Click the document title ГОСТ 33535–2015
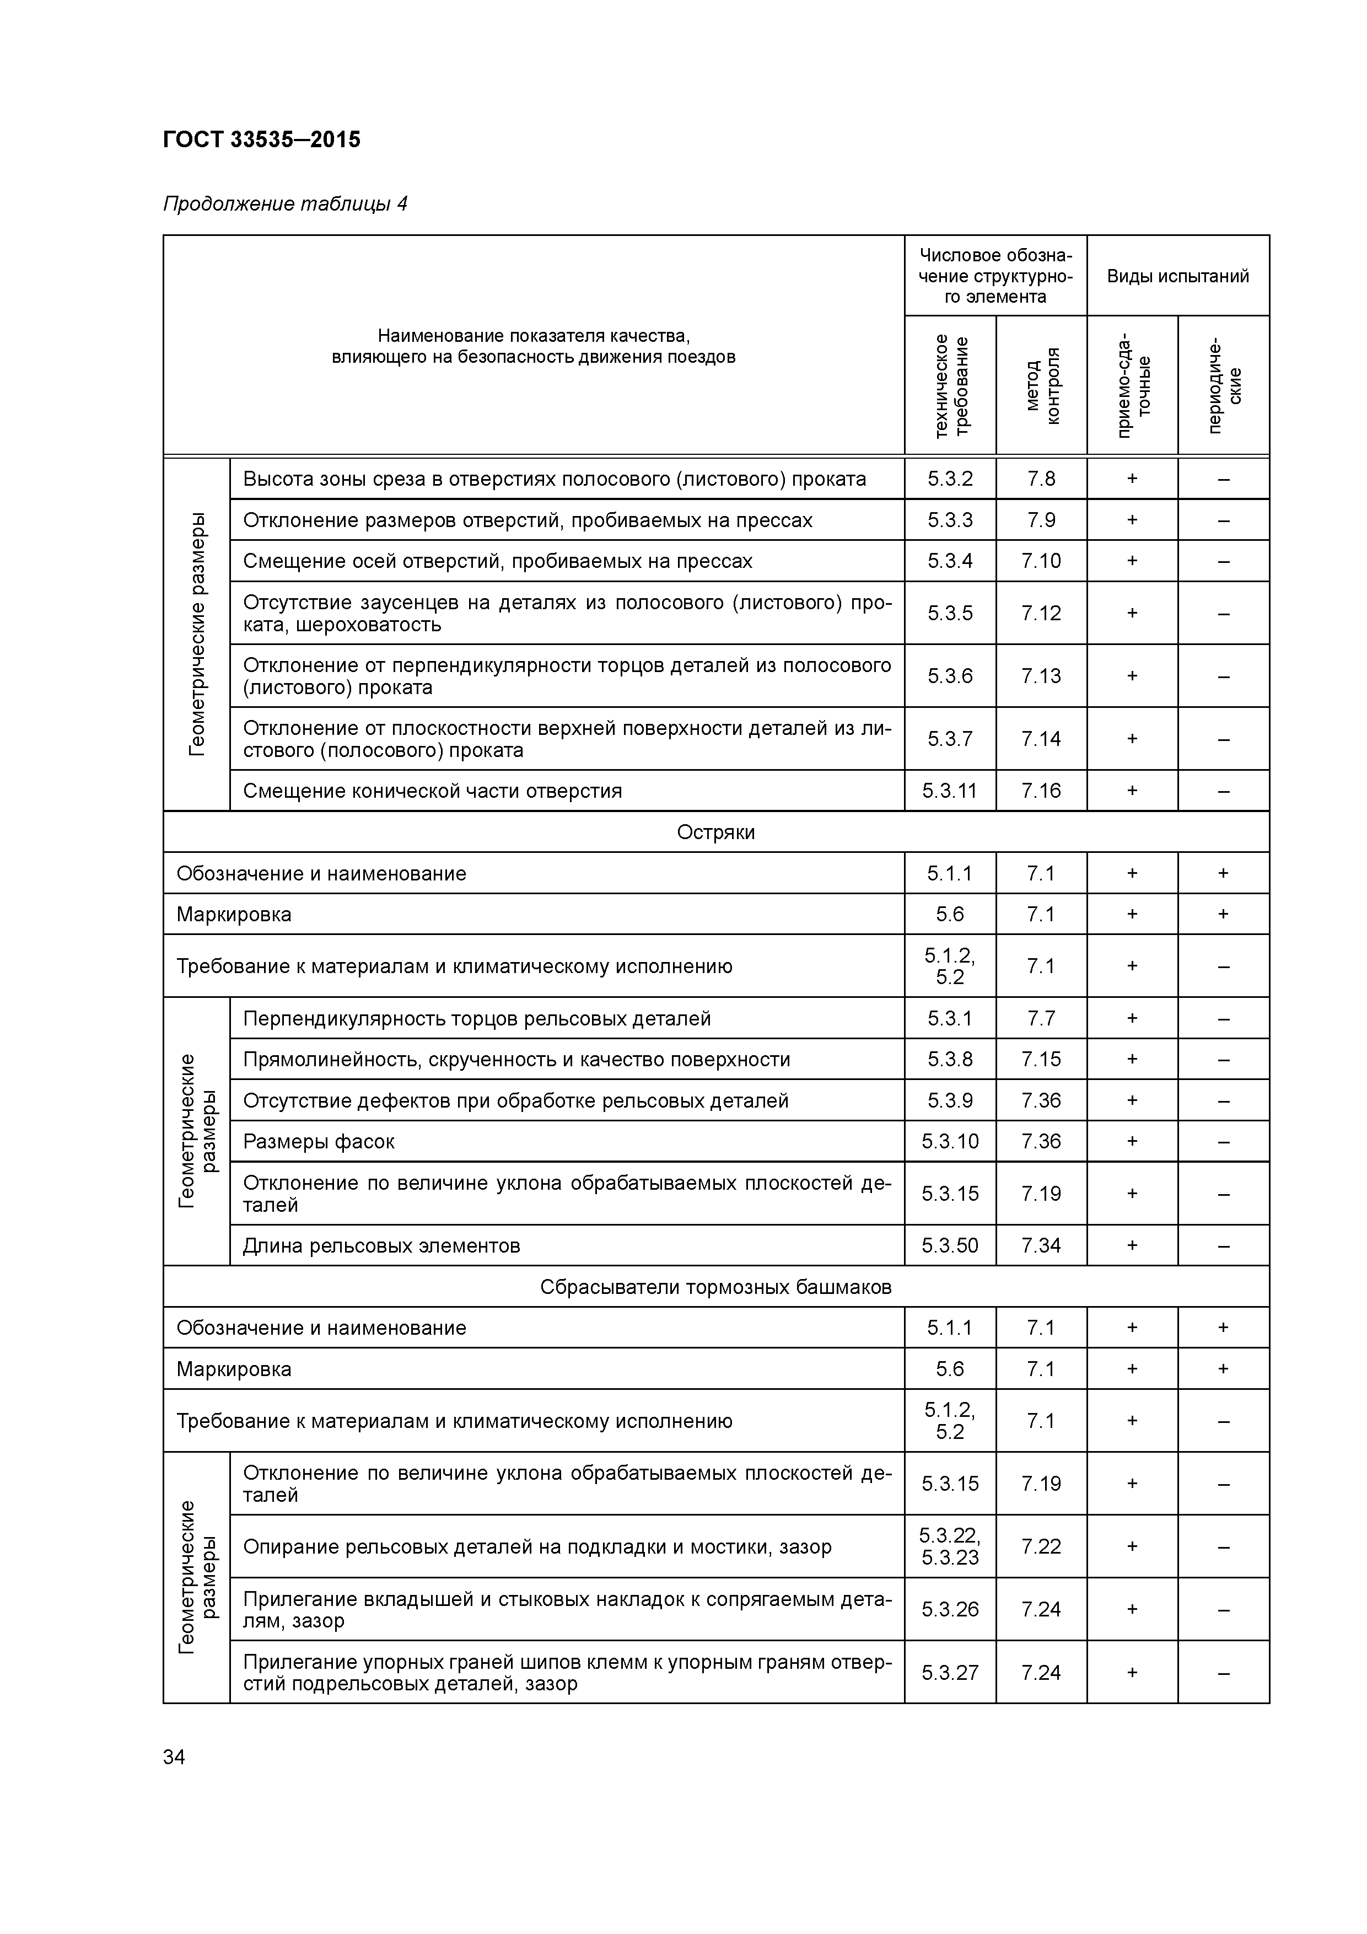[x=261, y=139]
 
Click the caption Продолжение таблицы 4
[x=284, y=204]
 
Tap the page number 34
[x=174, y=1757]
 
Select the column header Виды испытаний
[x=1177, y=276]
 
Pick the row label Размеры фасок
[x=319, y=1141]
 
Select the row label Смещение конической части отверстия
[x=432, y=791]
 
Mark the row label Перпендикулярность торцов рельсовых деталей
[x=477, y=1018]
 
